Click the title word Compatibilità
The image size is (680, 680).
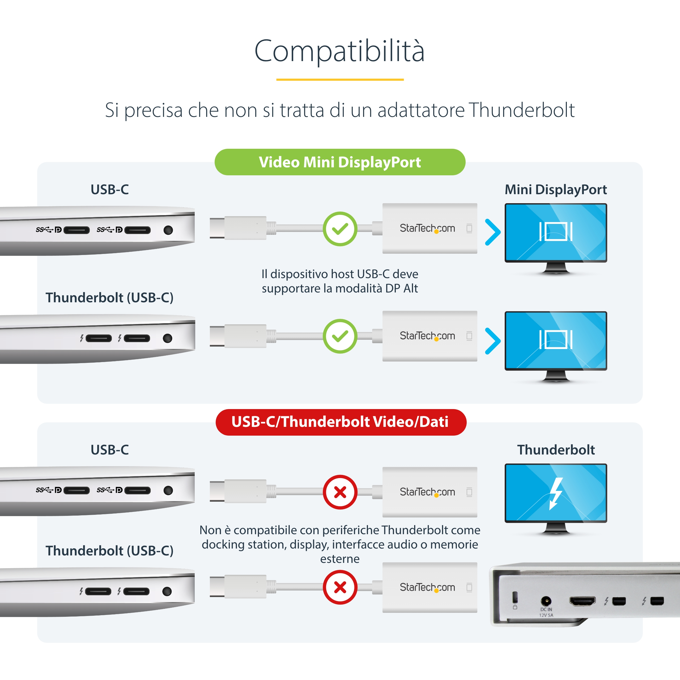coord(340,51)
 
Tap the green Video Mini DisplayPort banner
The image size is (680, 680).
coord(340,162)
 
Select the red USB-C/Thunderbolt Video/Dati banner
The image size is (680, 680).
coord(341,422)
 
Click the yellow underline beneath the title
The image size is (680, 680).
coord(340,79)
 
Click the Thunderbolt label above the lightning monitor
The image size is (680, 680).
coord(556,450)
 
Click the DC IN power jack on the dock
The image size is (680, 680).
coord(546,601)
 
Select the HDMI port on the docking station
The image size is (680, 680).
coord(583,601)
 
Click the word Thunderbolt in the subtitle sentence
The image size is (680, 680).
coord(522,110)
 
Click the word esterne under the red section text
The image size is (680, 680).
coord(340,559)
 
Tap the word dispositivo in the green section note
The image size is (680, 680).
coord(299,274)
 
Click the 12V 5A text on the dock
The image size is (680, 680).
coord(546,615)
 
